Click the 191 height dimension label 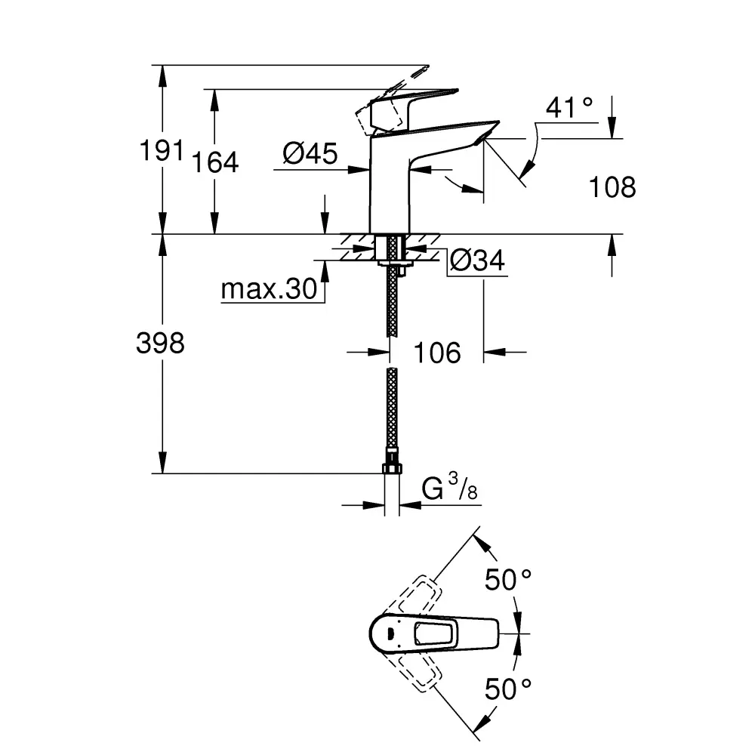pyautogui.click(x=162, y=150)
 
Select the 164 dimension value pyautogui.click(x=214, y=162)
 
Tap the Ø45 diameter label pyautogui.click(x=310, y=153)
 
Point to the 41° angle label pyautogui.click(x=569, y=107)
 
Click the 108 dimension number pyautogui.click(x=612, y=186)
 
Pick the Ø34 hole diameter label pyautogui.click(x=477, y=261)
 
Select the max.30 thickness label pyautogui.click(x=269, y=289)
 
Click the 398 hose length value pyautogui.click(x=160, y=344)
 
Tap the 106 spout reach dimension pyautogui.click(x=436, y=353)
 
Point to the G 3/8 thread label pyautogui.click(x=449, y=487)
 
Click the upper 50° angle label pyautogui.click(x=508, y=579)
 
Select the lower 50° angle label pyautogui.click(x=508, y=689)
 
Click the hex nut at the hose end pyautogui.click(x=392, y=469)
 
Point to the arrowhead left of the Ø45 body pyautogui.click(x=358, y=169)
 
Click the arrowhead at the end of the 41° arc pyautogui.click(x=527, y=169)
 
